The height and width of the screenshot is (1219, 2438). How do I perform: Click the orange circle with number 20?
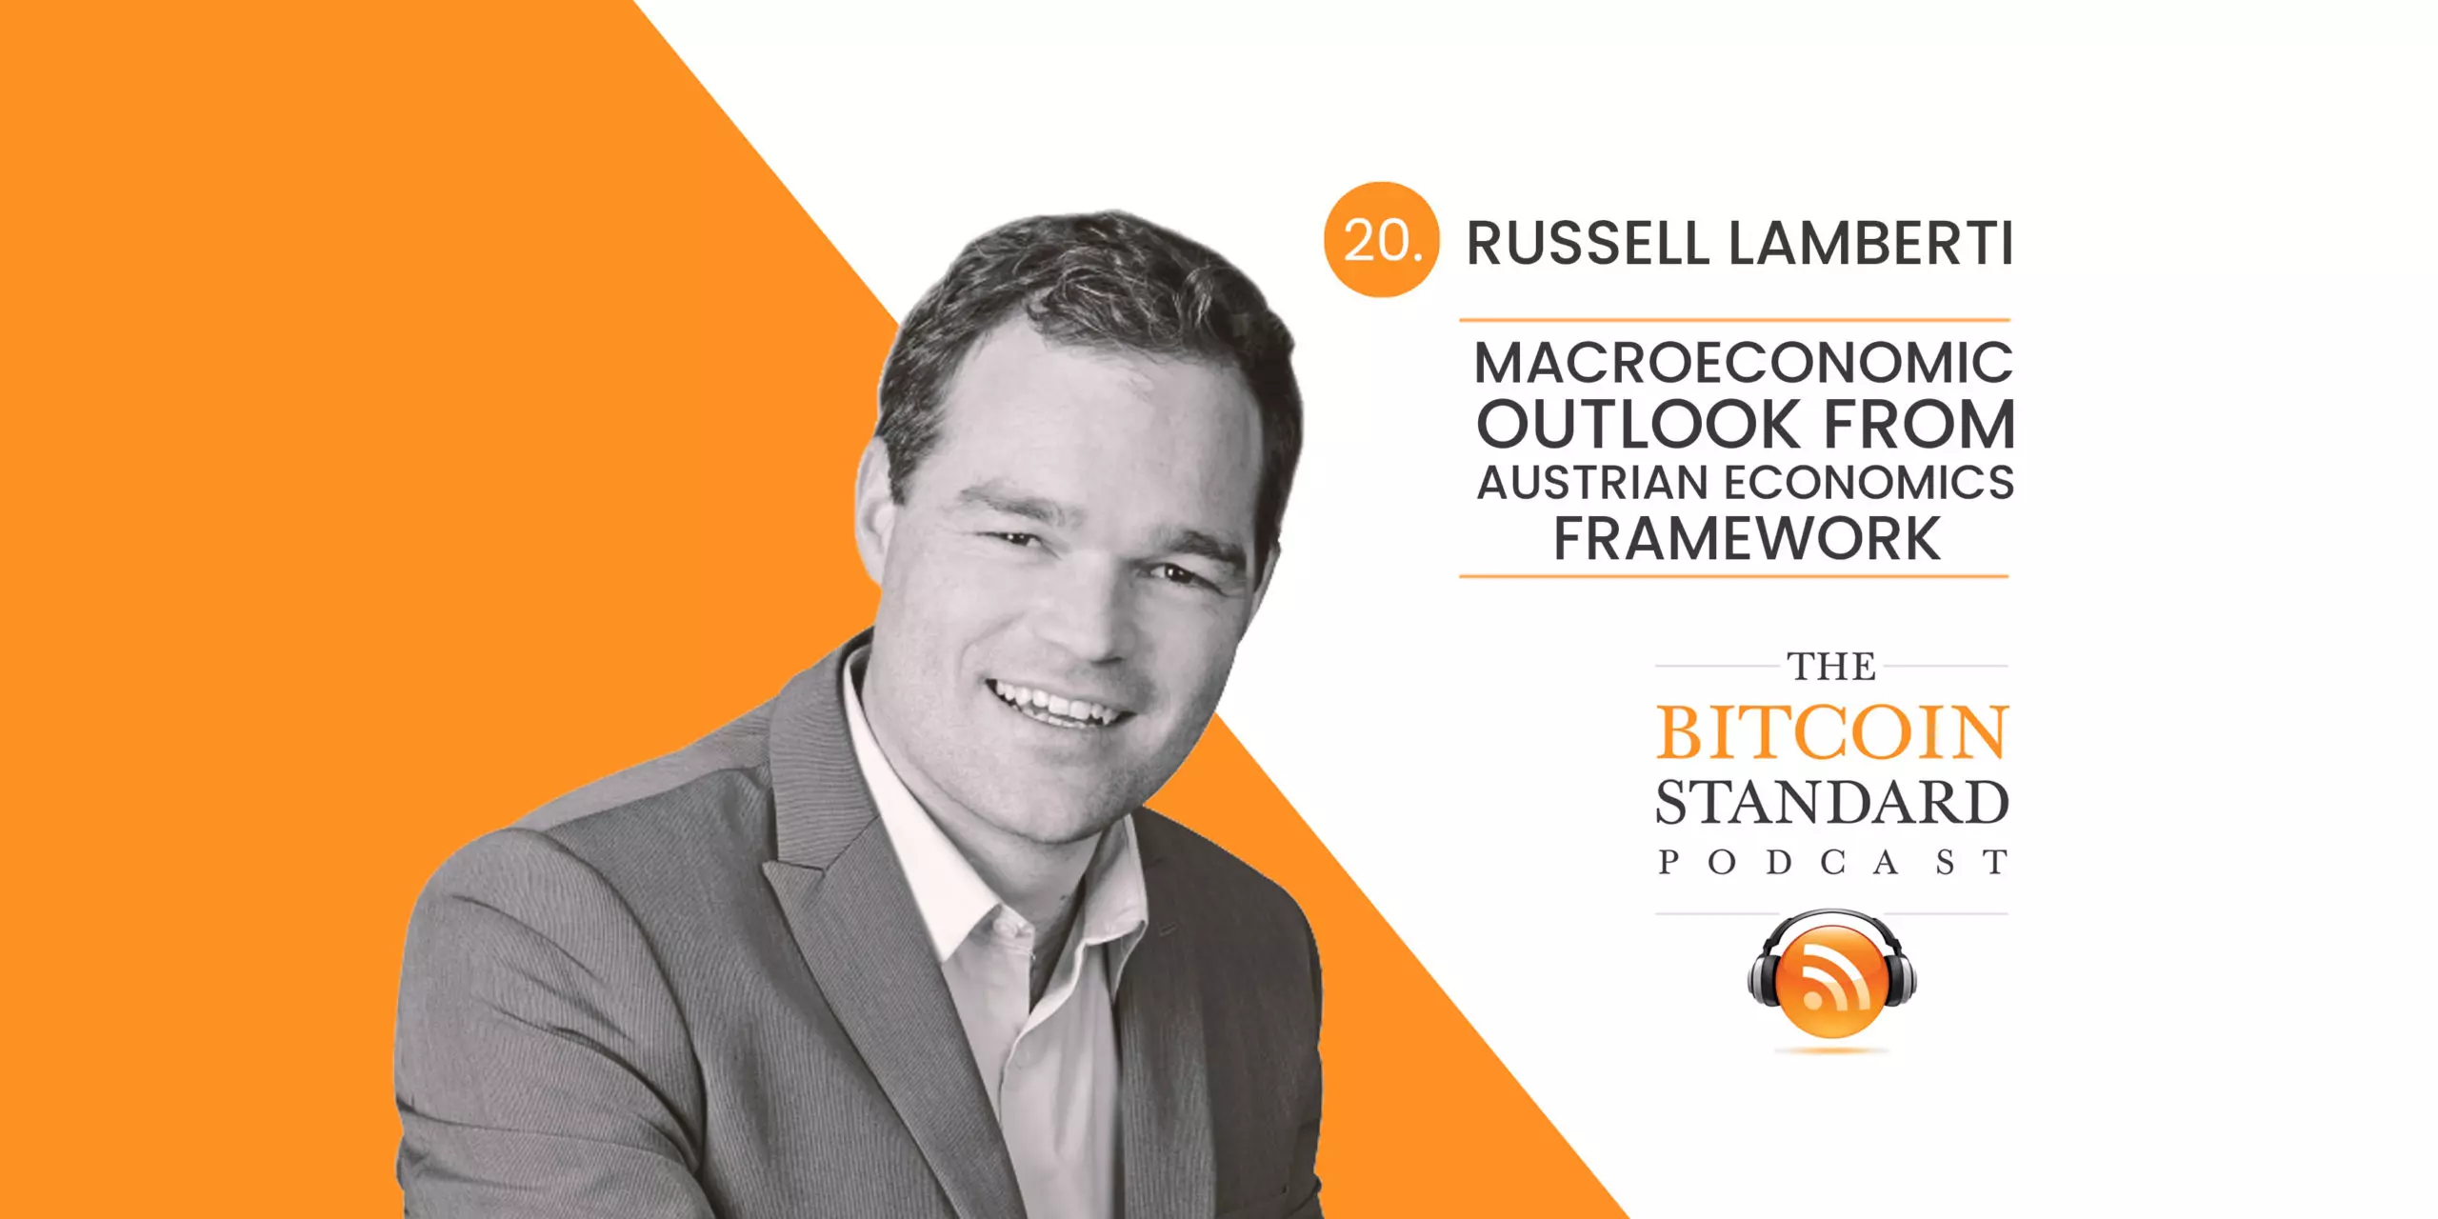(x=1380, y=239)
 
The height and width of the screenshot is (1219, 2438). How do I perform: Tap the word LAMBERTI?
(x=1870, y=244)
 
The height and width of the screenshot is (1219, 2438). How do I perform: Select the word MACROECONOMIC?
(x=1744, y=363)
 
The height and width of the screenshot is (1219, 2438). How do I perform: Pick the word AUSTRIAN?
(x=1592, y=483)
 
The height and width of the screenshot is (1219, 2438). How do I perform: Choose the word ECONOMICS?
(x=1869, y=483)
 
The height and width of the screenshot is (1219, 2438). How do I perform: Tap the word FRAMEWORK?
(x=1747, y=539)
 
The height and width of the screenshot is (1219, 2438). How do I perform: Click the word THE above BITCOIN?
(x=1831, y=667)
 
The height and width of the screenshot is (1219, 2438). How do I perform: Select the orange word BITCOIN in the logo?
(x=1832, y=733)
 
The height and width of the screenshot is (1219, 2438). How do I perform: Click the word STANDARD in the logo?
(x=1832, y=803)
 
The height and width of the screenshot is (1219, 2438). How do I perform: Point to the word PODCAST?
(x=1832, y=862)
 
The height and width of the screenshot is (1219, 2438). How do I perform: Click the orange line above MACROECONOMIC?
(x=1734, y=320)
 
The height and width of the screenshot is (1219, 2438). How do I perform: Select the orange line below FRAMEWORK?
(x=1734, y=576)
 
